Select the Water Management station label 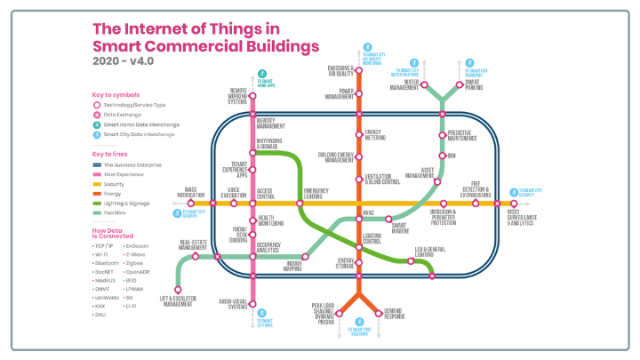pos(404,85)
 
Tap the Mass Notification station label pos(190,191)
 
